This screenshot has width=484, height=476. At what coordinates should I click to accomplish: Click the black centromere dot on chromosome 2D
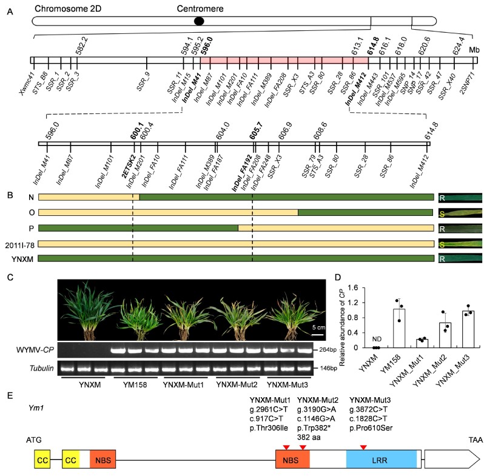coord(198,21)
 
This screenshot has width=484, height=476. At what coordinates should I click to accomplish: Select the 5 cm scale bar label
coord(321,326)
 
